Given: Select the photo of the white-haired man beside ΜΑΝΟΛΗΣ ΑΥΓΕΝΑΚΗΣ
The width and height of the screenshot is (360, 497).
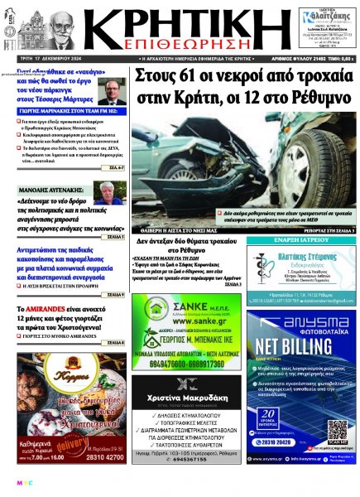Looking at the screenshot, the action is pos(108,193).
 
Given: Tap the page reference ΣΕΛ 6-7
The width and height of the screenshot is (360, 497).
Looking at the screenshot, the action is pos(117,167).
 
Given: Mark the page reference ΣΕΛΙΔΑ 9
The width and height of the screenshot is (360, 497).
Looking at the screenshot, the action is pos(116,293).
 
